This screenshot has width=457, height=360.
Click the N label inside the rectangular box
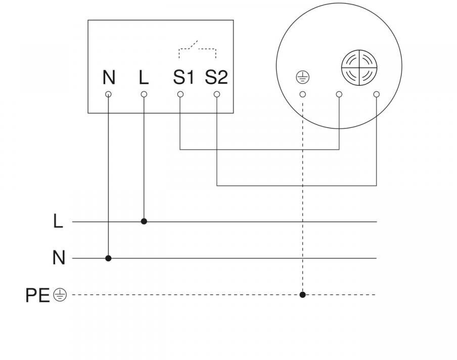pyautogui.click(x=109, y=78)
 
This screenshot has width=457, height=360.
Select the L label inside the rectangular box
pyautogui.click(x=144, y=78)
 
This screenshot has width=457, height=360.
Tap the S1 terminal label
pyautogui.click(x=184, y=78)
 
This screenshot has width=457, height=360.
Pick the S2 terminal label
pyautogui.click(x=216, y=78)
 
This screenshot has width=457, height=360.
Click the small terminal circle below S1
pyautogui.click(x=180, y=94)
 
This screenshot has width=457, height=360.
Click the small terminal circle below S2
pyautogui.click(x=217, y=94)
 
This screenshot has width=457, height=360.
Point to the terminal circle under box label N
pyautogui.click(x=108, y=94)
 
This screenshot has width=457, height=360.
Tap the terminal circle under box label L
pyautogui.click(x=144, y=94)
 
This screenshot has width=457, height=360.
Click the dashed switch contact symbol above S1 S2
pyautogui.click(x=198, y=50)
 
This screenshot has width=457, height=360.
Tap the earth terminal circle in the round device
pyautogui.click(x=302, y=94)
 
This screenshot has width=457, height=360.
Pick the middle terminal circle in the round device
pyautogui.click(x=339, y=94)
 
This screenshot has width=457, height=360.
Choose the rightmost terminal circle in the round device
pyautogui.click(x=376, y=94)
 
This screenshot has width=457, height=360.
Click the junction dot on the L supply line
pyautogui.click(x=144, y=221)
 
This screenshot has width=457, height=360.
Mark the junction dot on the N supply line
pyautogui.click(x=108, y=258)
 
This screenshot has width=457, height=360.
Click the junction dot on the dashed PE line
pyautogui.click(x=302, y=294)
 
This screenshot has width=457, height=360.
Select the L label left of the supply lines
pyautogui.click(x=58, y=221)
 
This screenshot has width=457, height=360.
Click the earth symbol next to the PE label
pyautogui.click(x=60, y=295)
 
